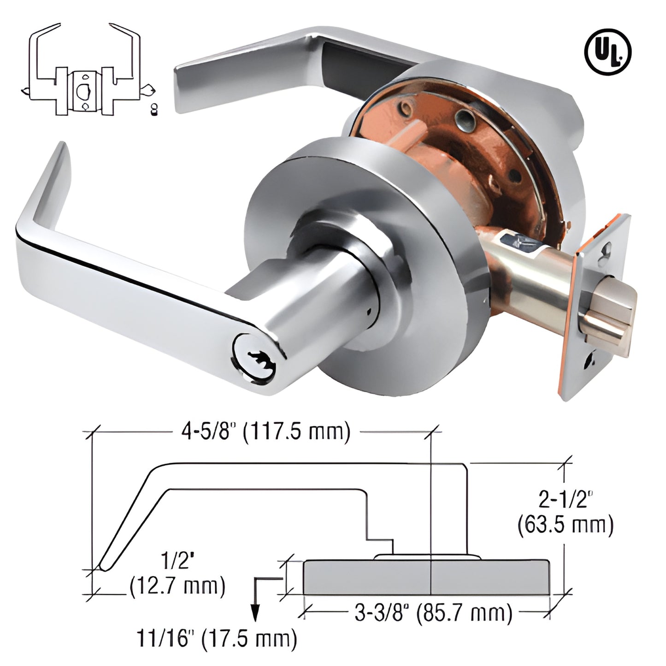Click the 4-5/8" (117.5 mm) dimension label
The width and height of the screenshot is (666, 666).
pos(265,432)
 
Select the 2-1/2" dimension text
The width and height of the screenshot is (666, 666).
pos(566,499)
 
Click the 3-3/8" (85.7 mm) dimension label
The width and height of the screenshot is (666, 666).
pos(433,613)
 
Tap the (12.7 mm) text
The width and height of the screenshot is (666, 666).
pos(177,586)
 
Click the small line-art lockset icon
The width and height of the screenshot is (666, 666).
pos(88,69)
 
